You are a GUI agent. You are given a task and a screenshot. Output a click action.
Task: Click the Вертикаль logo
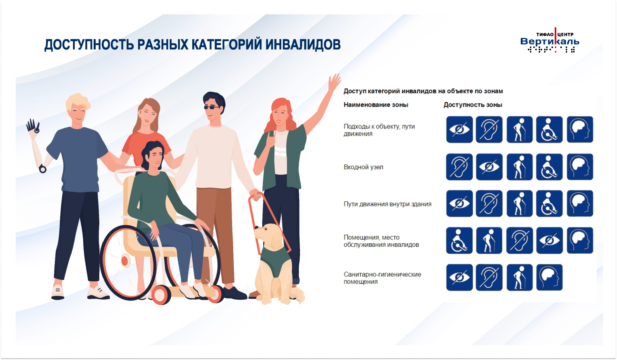coord(549,40)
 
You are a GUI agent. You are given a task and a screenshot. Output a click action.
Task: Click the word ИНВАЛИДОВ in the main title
coord(303,45)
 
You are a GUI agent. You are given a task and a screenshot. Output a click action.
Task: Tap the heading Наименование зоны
coord(376,105)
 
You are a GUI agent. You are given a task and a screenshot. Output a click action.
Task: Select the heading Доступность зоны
coord(473,105)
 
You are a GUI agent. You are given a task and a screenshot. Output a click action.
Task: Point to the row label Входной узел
coord(363,167)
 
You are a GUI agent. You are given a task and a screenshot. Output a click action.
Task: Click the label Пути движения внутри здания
coord(387,204)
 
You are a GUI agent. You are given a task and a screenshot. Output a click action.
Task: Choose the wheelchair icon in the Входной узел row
coord(549,167)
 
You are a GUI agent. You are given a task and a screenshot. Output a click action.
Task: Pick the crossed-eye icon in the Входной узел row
coord(489,167)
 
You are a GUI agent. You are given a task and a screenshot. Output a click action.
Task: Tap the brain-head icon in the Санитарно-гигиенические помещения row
coord(549,277)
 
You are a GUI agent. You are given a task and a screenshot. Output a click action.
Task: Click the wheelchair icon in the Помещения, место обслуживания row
coord(459,241)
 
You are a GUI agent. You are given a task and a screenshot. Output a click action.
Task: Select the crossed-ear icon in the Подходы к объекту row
coord(489,129)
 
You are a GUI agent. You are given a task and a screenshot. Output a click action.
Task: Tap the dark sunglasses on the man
coord(211,107)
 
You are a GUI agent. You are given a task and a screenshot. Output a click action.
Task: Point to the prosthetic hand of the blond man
coord(33,126)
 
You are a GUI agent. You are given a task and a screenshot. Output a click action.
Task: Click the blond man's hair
coord(78,102)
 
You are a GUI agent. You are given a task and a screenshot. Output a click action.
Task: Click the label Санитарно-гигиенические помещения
coord(382,278)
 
